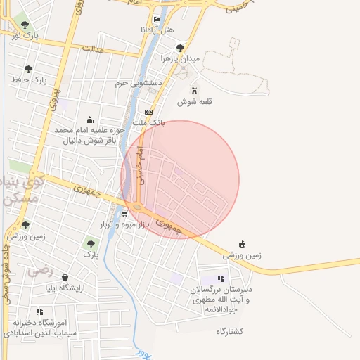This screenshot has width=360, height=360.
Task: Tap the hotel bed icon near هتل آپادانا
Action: (x=156, y=20)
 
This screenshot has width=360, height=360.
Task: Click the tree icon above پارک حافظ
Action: (x=28, y=69)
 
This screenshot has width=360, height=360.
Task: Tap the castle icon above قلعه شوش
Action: (x=195, y=91)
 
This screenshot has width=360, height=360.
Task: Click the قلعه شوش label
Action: (x=195, y=102)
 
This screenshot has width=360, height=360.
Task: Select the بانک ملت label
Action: (x=148, y=122)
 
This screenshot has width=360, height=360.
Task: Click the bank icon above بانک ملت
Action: (x=148, y=112)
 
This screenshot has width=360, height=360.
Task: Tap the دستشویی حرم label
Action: (x=139, y=83)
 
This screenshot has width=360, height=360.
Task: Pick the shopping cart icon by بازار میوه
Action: (x=124, y=214)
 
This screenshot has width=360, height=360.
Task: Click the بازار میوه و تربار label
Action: (x=124, y=225)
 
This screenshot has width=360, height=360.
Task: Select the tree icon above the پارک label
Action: (x=89, y=244)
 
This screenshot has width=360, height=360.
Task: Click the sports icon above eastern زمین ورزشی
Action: (x=242, y=244)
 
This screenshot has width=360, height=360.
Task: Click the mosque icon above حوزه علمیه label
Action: (x=89, y=120)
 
